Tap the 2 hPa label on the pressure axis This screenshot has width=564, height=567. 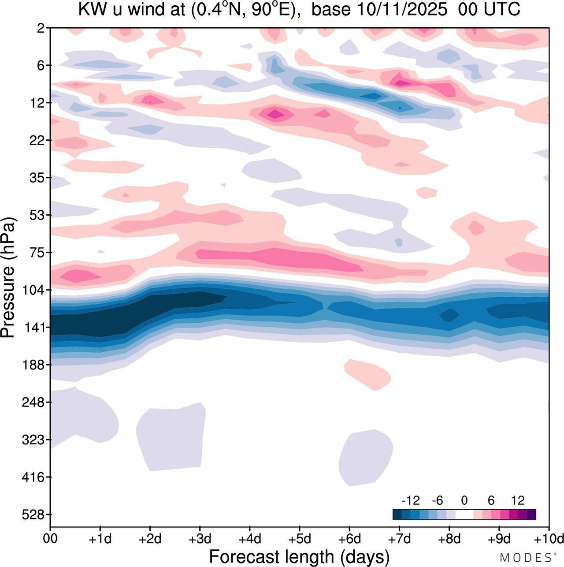(41, 28)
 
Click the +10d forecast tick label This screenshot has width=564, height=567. (548, 539)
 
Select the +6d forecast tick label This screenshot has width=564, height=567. (349, 539)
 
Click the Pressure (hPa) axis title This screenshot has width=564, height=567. (8, 278)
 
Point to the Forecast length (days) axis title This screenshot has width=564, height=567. (299, 557)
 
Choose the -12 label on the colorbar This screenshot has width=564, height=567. (411, 500)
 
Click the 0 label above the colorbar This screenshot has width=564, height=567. (464, 500)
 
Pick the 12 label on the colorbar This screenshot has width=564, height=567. (518, 500)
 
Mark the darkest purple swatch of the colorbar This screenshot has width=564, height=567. (531, 515)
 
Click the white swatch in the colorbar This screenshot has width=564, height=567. (464, 515)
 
